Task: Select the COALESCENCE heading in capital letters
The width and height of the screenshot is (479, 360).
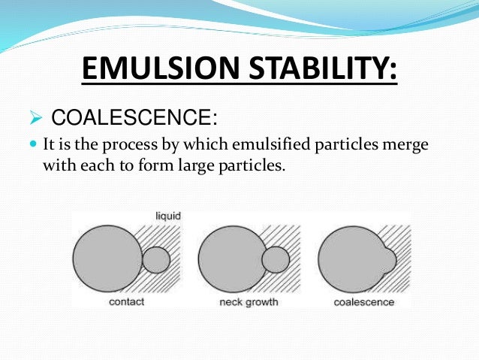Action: [x=134, y=118]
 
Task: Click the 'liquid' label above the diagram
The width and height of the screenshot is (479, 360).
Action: [x=167, y=216]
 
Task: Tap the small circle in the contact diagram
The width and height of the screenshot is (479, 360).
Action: [x=156, y=260]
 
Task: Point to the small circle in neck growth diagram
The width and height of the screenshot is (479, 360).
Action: [x=276, y=260]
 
